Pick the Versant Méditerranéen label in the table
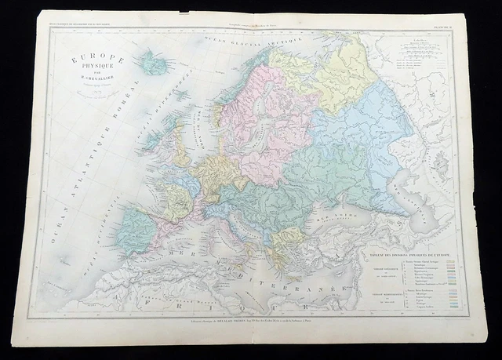pyautogui.click(x=383, y=291)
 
